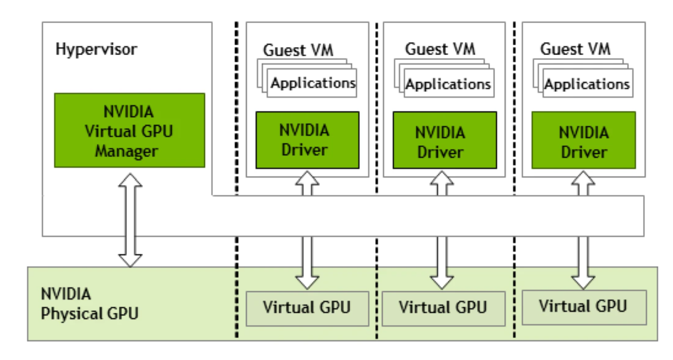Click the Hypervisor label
[96, 49]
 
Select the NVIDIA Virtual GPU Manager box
[129, 130]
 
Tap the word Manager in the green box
[127, 151]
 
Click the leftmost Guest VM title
[298, 50]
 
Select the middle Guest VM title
[440, 48]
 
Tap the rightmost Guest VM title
[575, 49]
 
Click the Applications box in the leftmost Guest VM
[313, 84]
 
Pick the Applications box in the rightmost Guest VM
[587, 85]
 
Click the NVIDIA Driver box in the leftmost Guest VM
[307, 140]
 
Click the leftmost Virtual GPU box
[307, 308]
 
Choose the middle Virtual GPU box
[443, 308]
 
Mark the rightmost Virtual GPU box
[584, 307]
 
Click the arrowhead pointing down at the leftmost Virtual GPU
[307, 281]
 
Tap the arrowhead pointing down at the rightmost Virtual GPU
[583, 281]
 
